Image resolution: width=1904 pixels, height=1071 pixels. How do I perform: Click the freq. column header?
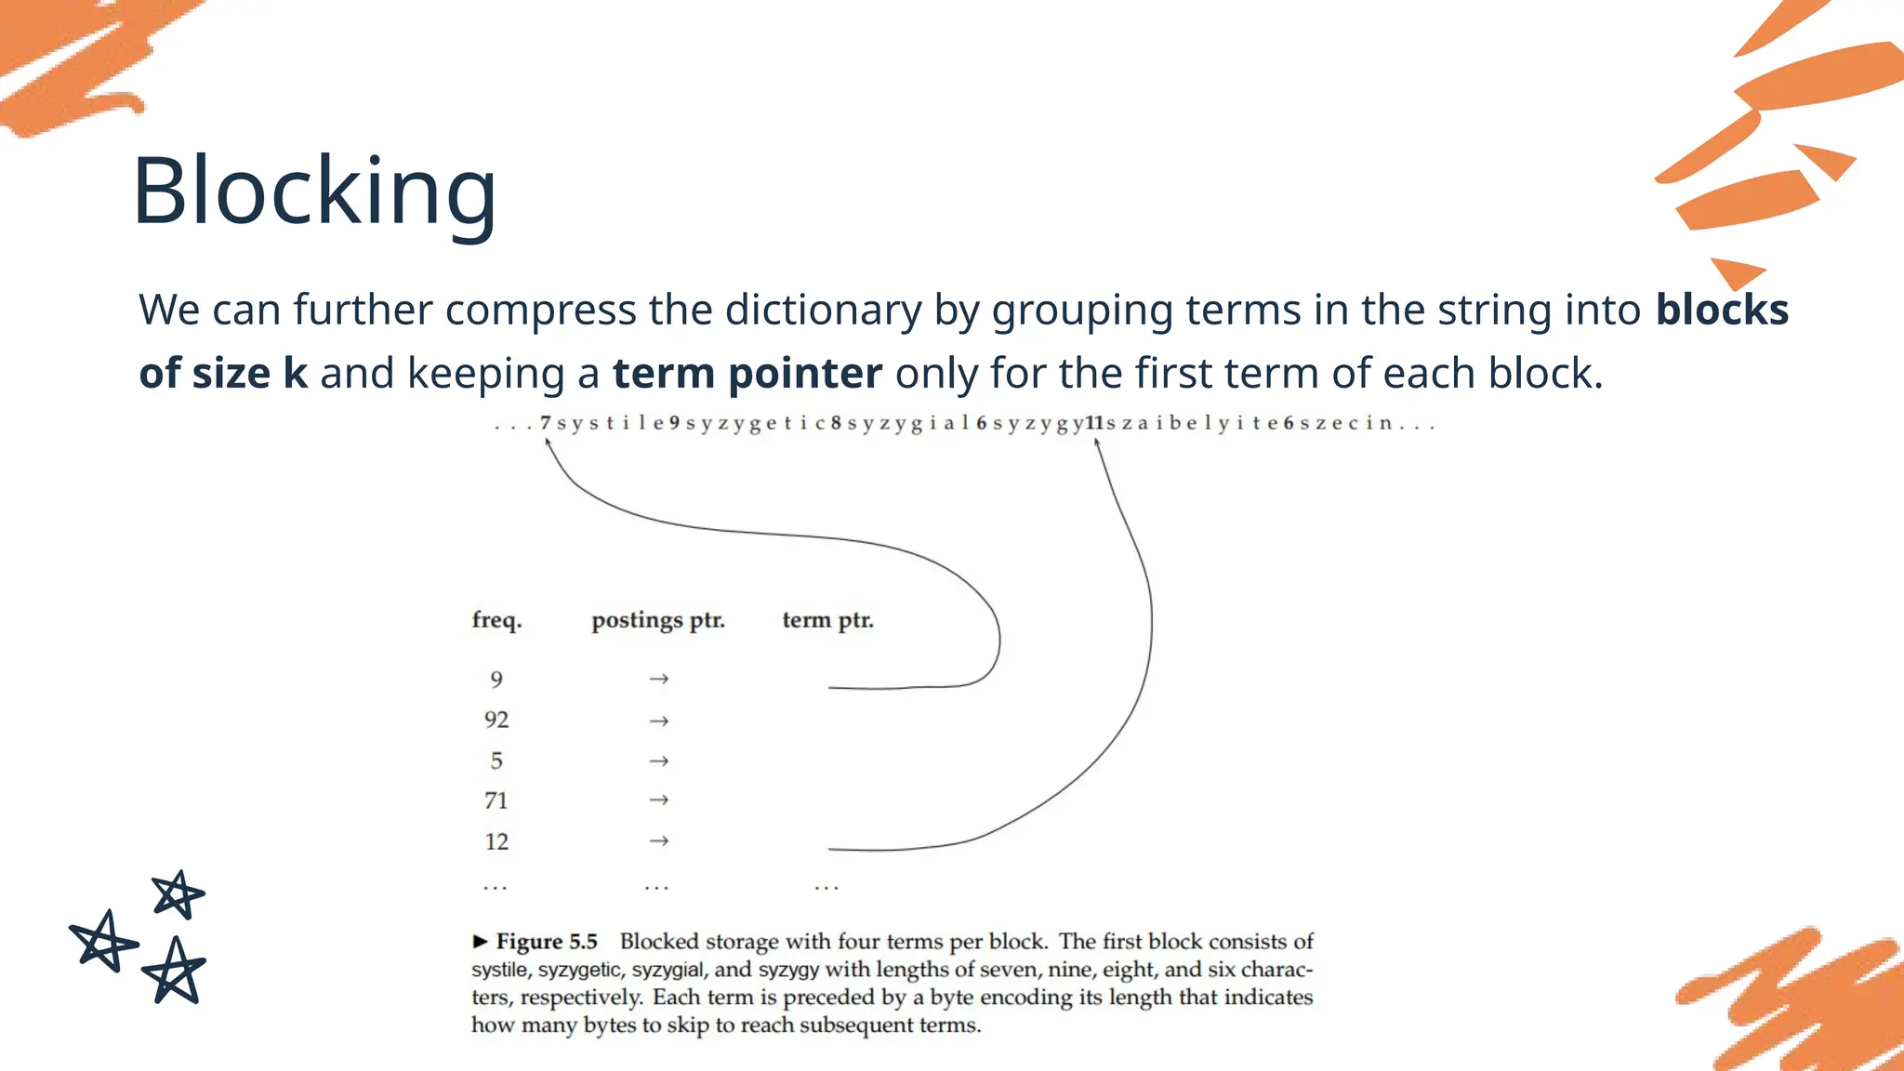coord(496,620)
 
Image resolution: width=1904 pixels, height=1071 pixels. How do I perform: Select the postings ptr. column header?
coord(658,620)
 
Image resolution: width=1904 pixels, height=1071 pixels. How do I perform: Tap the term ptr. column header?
coord(827,620)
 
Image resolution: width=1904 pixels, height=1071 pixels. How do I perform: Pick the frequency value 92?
coord(496,720)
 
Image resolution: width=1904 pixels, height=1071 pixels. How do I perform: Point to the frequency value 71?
coord(496,800)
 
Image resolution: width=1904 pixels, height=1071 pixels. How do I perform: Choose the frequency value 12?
coord(496,841)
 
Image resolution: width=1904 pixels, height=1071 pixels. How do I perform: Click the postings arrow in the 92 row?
coord(658,721)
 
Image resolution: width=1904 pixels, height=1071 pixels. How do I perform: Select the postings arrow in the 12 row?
coord(658,841)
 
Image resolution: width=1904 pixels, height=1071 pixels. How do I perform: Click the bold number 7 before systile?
coord(546,423)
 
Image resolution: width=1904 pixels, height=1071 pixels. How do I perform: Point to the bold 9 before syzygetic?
coord(675,423)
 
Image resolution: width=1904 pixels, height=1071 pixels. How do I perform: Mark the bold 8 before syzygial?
coord(836,423)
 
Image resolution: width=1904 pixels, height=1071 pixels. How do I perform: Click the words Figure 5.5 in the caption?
coord(547,942)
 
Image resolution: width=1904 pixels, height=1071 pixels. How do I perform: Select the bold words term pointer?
coord(747,373)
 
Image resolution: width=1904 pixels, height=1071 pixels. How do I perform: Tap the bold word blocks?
coord(1722,310)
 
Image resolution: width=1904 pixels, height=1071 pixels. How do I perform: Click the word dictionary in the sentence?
coord(822,310)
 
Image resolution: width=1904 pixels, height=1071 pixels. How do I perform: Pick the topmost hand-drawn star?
coord(178,894)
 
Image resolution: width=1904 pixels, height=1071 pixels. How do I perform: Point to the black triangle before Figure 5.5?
coord(480,942)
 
